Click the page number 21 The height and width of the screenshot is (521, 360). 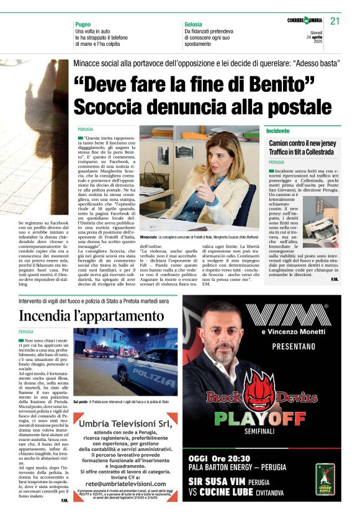(335, 21)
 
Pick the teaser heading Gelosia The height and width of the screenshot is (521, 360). (193, 24)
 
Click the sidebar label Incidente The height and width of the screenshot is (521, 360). (278, 131)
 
